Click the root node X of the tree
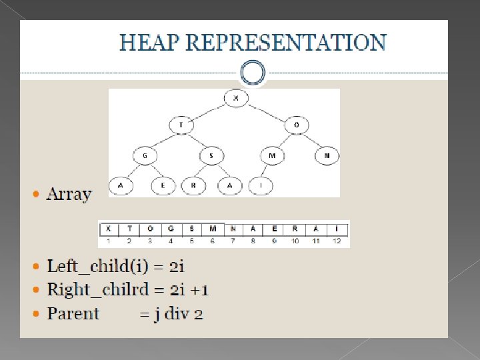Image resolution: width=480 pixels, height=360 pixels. click(235, 99)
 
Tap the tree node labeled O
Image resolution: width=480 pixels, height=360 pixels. click(296, 125)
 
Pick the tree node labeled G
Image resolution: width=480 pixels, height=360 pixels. click(144, 156)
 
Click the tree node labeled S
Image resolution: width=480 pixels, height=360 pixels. click(211, 156)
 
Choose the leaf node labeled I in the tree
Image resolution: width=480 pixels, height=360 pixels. click(261, 186)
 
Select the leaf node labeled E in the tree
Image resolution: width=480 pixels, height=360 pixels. click(162, 186)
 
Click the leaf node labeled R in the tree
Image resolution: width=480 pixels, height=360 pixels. click(193, 186)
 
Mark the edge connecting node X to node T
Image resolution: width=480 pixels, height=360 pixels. click(207, 111)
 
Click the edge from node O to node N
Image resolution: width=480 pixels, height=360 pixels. click(312, 141)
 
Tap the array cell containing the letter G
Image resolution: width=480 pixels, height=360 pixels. click(171, 228)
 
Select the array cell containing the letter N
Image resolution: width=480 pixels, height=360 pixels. click(233, 228)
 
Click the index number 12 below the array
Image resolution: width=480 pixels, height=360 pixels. click(337, 241)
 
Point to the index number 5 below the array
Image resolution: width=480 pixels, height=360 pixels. click(191, 241)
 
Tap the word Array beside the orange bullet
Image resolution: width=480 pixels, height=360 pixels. click(69, 194)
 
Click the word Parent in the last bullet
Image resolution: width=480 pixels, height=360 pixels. click(73, 313)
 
